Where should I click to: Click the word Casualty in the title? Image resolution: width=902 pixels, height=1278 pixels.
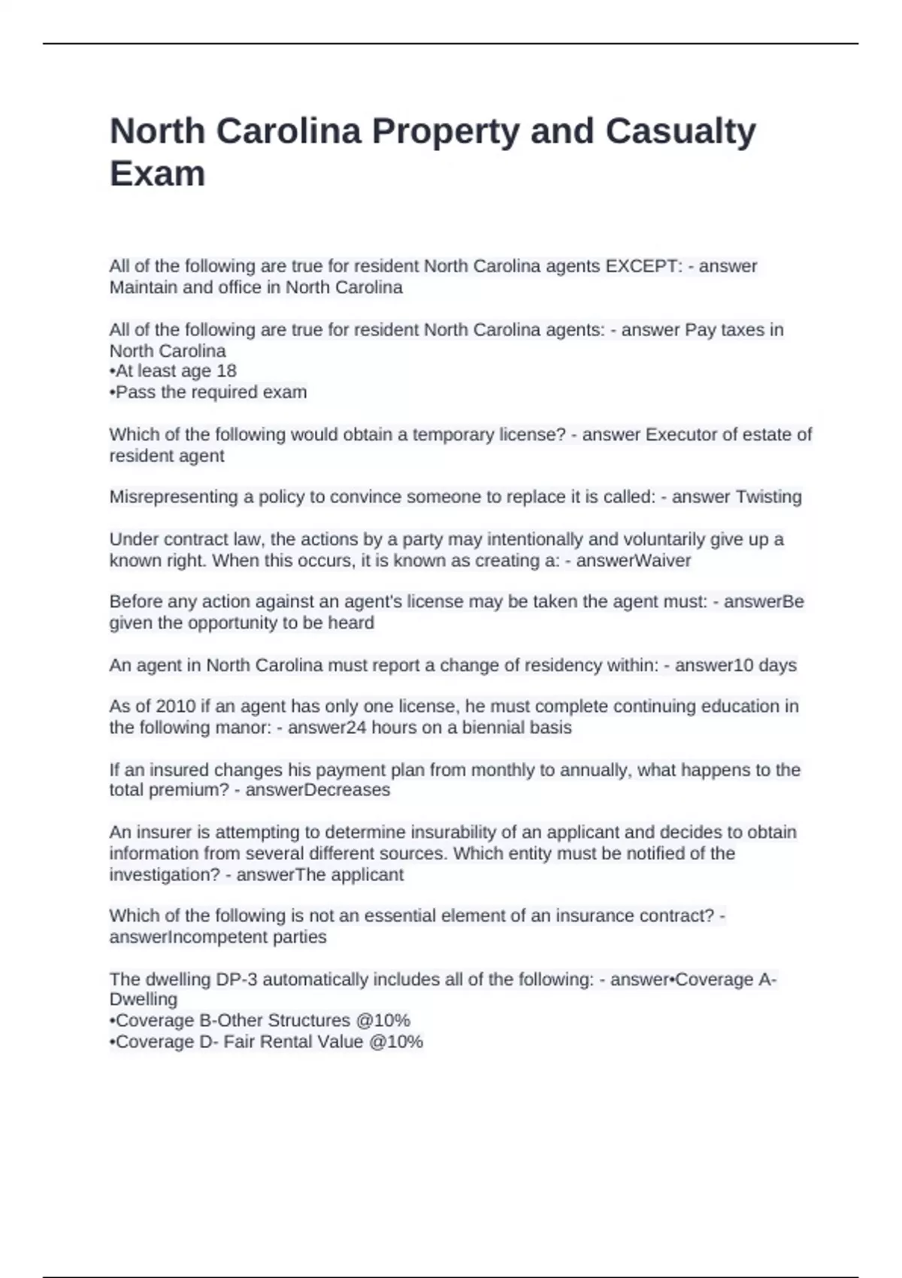coord(680,132)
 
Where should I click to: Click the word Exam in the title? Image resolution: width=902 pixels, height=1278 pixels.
coord(157,174)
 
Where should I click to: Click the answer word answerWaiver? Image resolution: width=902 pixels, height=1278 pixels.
coord(633,560)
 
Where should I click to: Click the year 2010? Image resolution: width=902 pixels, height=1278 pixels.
coord(174,707)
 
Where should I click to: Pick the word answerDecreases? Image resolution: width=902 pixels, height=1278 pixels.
coord(317,790)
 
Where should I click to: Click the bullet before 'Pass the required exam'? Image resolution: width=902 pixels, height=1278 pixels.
coord(113,392)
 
